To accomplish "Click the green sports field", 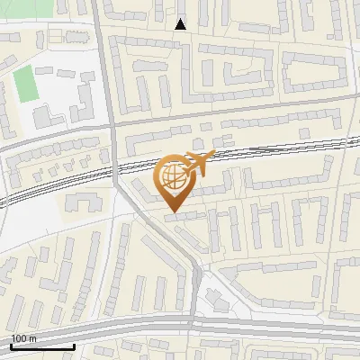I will click(x=26, y=84).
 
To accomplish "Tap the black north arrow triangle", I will click(x=181, y=24).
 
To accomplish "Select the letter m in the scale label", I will click(x=32, y=338).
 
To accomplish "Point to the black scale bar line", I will click(x=42, y=346).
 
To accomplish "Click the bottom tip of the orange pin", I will click(x=173, y=212).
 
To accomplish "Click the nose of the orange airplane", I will click(x=214, y=157).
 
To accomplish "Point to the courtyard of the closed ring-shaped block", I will click(x=314, y=71).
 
